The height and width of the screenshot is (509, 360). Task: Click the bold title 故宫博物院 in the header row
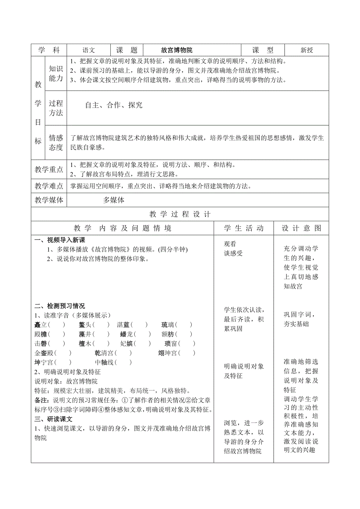tap(177, 50)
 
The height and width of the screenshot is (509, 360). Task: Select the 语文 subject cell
tap(89, 50)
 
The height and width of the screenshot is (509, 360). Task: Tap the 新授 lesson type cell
tap(307, 50)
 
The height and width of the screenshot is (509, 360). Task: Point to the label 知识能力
tap(56, 73)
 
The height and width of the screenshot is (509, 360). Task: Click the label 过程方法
tap(56, 108)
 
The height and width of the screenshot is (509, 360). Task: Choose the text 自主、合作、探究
tap(114, 105)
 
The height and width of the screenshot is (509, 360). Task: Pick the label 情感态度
tap(56, 142)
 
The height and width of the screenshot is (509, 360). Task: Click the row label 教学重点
tap(49, 169)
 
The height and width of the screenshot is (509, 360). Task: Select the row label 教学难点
tap(49, 186)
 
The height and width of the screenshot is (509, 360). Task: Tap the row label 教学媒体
tap(49, 200)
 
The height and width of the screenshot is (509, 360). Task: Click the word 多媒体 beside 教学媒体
tap(114, 200)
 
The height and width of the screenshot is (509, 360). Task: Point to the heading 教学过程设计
tap(180, 214)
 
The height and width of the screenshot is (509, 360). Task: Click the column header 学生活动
tap(244, 228)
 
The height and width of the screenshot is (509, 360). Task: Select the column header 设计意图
tap(301, 228)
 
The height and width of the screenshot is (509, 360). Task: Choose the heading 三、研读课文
tap(54, 419)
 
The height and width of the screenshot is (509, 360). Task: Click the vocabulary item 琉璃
tap(168, 324)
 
